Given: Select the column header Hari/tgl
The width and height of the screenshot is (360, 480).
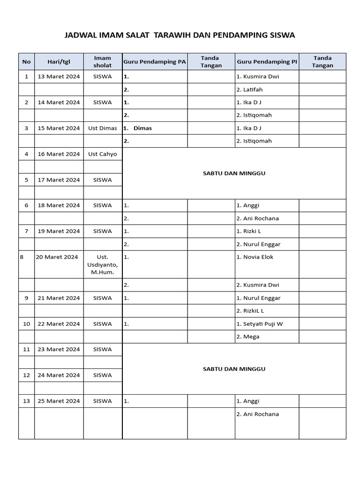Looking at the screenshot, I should (59, 61).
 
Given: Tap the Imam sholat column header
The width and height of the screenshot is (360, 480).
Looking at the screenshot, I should (103, 61).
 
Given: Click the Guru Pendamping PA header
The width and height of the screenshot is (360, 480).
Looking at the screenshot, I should (155, 61).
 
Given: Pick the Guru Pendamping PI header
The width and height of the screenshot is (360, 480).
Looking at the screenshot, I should (267, 61).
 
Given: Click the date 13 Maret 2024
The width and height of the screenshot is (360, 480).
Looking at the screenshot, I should (59, 76).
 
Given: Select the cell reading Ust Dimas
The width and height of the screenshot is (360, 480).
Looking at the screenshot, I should (103, 128).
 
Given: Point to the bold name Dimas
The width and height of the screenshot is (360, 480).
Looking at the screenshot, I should (142, 128).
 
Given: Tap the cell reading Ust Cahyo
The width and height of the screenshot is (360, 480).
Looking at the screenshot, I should (103, 154).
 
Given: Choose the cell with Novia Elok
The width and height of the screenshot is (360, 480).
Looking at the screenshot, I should (258, 257).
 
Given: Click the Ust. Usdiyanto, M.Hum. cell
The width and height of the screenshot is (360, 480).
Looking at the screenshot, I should (103, 264).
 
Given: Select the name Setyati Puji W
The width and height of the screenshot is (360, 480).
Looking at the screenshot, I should (262, 324).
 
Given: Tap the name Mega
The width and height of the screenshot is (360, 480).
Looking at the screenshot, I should (251, 337).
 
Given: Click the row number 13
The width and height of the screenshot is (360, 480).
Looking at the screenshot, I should (26, 401).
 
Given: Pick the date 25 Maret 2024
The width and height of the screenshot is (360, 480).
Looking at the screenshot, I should (59, 401).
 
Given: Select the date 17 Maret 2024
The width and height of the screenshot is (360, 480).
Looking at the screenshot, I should (59, 180).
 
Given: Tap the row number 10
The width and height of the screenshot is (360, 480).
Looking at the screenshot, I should (26, 324).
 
